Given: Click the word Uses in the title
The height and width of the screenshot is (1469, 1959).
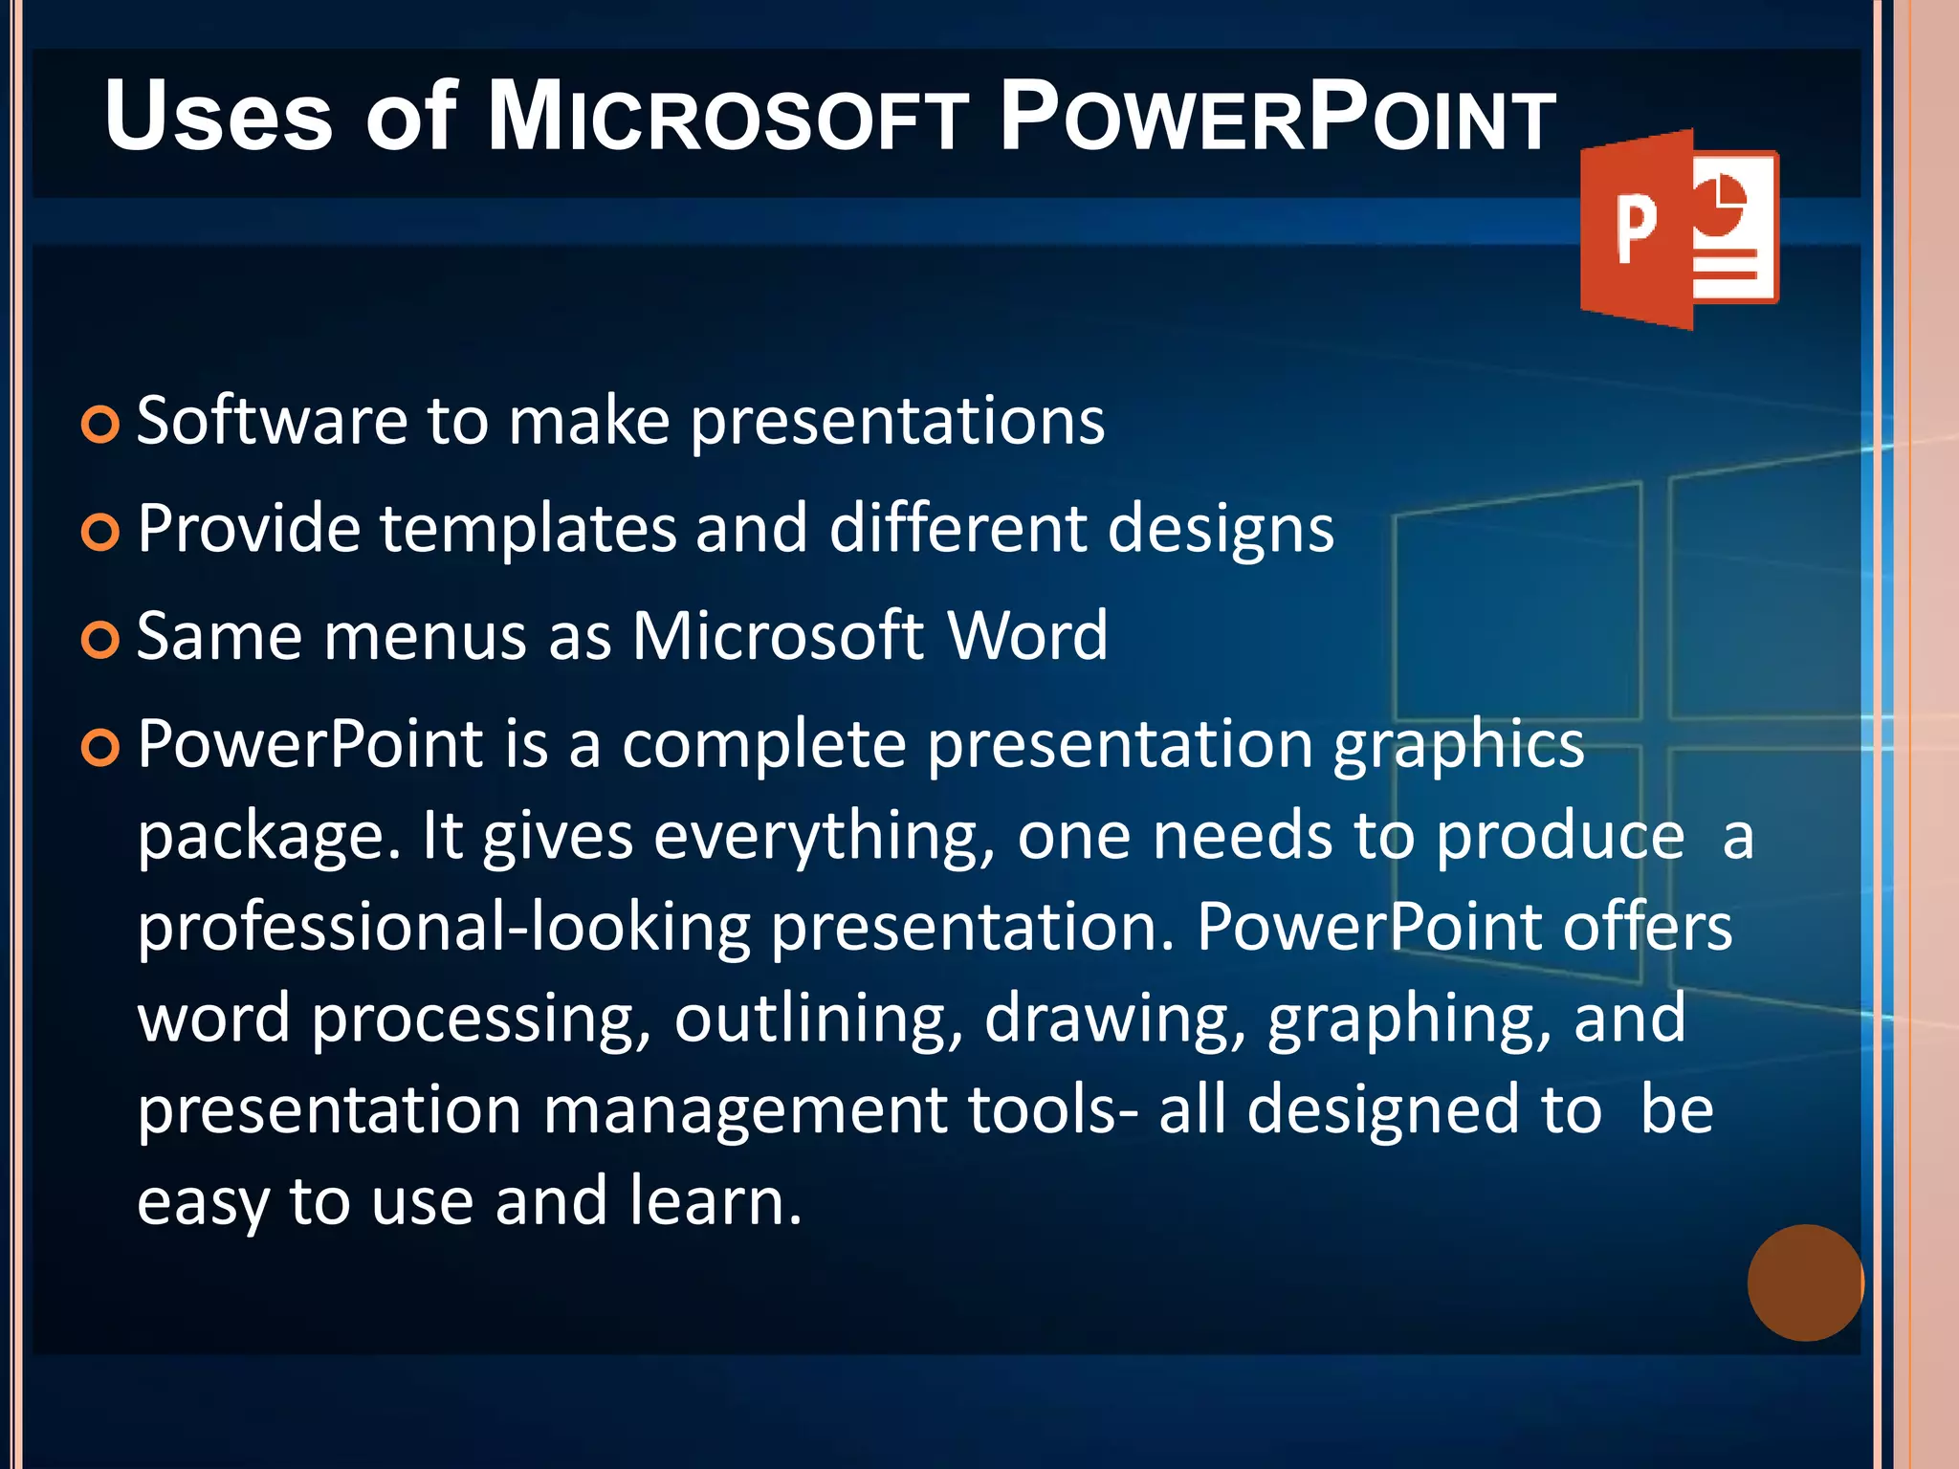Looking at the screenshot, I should click(x=218, y=117).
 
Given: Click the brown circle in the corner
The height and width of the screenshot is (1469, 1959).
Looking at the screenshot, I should click(x=1805, y=1283).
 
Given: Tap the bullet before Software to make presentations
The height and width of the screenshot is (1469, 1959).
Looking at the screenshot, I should click(x=100, y=424).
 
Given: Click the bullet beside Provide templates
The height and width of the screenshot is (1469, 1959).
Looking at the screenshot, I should click(x=100, y=532).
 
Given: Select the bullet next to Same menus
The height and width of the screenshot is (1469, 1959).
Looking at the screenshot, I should click(x=100, y=640).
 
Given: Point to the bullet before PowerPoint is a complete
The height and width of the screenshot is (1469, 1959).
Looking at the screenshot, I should click(x=100, y=747).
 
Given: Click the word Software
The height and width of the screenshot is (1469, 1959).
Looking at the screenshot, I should click(x=272, y=421).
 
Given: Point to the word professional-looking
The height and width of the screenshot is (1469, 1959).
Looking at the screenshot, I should click(x=444, y=928).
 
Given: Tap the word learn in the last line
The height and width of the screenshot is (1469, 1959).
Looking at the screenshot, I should click(x=715, y=1201).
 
